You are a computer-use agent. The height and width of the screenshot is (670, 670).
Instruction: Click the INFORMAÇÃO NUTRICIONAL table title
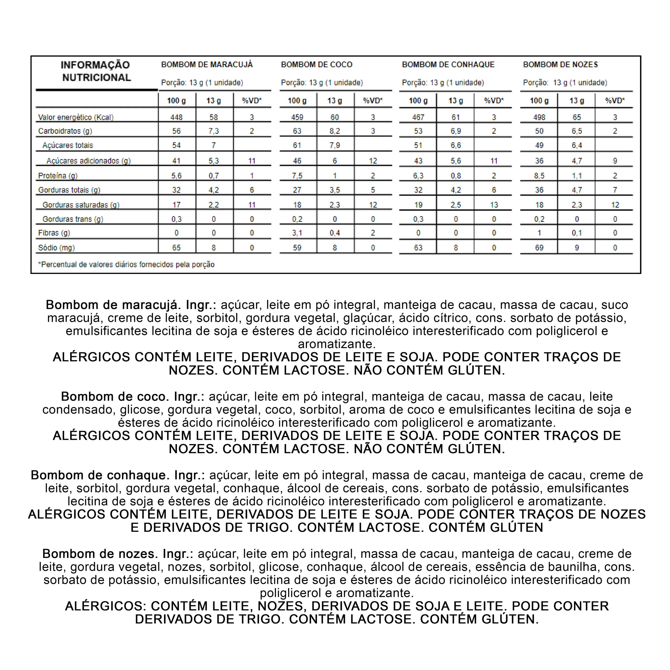click(x=96, y=71)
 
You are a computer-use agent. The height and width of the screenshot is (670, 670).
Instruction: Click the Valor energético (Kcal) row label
click(x=76, y=117)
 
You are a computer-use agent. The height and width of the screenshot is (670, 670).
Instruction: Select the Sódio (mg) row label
click(x=56, y=248)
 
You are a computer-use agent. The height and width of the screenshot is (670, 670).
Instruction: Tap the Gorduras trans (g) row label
click(x=72, y=219)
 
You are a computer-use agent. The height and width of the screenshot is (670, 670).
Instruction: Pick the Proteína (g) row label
click(x=58, y=176)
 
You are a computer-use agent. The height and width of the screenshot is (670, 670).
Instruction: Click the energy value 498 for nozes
click(x=539, y=117)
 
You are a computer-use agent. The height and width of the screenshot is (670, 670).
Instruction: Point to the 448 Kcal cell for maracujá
click(x=176, y=117)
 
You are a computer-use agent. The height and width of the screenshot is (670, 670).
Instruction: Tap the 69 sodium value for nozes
click(x=539, y=248)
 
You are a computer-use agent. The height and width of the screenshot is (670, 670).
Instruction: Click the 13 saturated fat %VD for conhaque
click(x=494, y=205)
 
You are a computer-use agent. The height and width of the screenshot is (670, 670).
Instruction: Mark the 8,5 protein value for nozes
click(x=539, y=176)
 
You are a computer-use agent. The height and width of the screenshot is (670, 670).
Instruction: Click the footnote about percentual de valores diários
click(x=126, y=265)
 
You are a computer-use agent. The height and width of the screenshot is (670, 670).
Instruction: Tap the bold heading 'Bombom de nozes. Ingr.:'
click(x=118, y=554)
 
